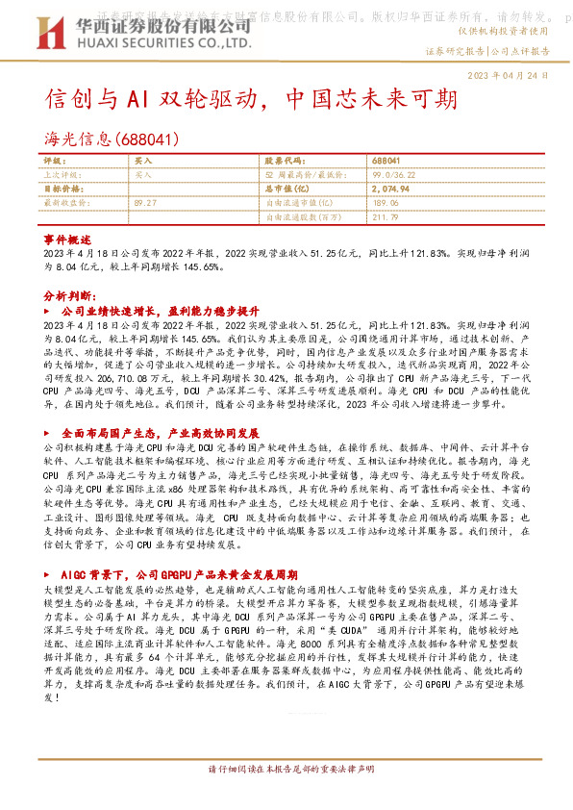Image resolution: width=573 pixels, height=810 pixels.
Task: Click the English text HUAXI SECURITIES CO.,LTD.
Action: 145,43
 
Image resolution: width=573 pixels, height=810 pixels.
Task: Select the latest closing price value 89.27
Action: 146,203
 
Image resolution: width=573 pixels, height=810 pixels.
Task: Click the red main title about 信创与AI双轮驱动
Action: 245,100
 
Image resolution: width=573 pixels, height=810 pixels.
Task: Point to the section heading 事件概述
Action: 67,238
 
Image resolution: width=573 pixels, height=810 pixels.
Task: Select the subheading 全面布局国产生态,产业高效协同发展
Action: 161,434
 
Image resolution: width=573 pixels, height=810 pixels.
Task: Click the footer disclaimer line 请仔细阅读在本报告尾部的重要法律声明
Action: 286,797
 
